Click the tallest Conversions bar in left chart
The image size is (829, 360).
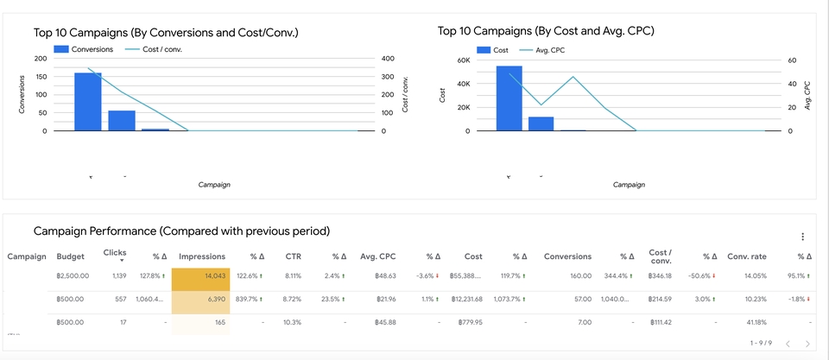(87, 102)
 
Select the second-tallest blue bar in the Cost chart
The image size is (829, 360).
(541, 123)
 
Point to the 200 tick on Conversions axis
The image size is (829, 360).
(41, 59)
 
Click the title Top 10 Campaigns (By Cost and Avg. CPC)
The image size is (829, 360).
(546, 31)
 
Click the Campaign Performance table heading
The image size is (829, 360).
(181, 231)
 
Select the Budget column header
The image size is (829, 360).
(70, 256)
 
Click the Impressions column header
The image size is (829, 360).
(202, 256)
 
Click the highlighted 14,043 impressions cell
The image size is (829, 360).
(200, 276)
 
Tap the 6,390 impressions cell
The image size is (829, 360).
(200, 299)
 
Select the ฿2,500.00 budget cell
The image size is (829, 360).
(72, 276)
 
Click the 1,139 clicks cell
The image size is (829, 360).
(118, 276)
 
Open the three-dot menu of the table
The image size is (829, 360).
(802, 237)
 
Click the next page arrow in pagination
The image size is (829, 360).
(807, 344)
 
